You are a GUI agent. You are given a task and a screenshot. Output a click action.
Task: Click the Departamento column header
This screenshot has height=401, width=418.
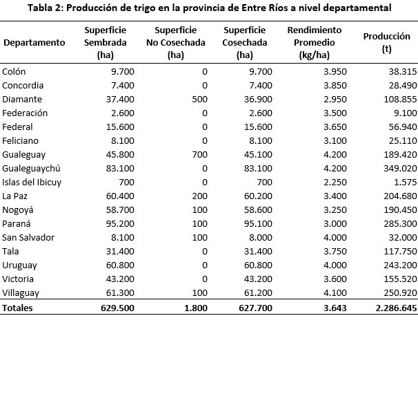[34, 42]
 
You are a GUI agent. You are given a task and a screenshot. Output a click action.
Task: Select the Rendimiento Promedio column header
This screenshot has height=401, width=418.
[314, 42]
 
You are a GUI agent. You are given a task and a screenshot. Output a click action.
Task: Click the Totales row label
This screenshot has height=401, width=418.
[18, 308]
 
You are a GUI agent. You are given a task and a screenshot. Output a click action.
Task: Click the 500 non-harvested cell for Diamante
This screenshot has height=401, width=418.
[199, 99]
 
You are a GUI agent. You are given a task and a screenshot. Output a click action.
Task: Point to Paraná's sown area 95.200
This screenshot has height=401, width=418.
[120, 223]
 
